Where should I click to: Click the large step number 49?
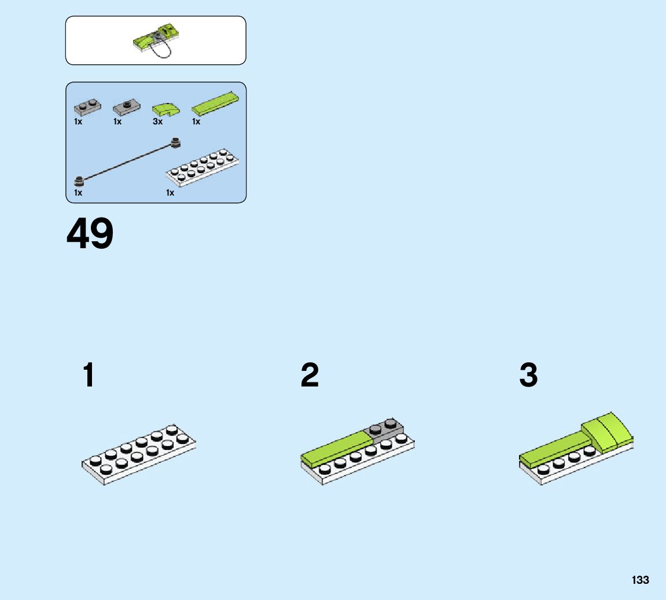(90, 234)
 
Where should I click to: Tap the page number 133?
(641, 580)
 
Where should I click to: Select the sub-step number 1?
(89, 376)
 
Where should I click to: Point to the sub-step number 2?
(310, 376)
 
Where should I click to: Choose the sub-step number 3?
(528, 376)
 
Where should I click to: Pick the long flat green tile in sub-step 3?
(553, 448)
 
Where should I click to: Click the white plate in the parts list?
(203, 167)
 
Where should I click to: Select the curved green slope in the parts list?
(165, 109)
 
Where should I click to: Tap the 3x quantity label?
(157, 122)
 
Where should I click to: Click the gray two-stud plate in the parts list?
(87, 106)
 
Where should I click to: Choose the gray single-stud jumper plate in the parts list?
(127, 106)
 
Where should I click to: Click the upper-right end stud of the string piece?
(175, 141)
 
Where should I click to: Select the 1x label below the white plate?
(170, 193)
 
